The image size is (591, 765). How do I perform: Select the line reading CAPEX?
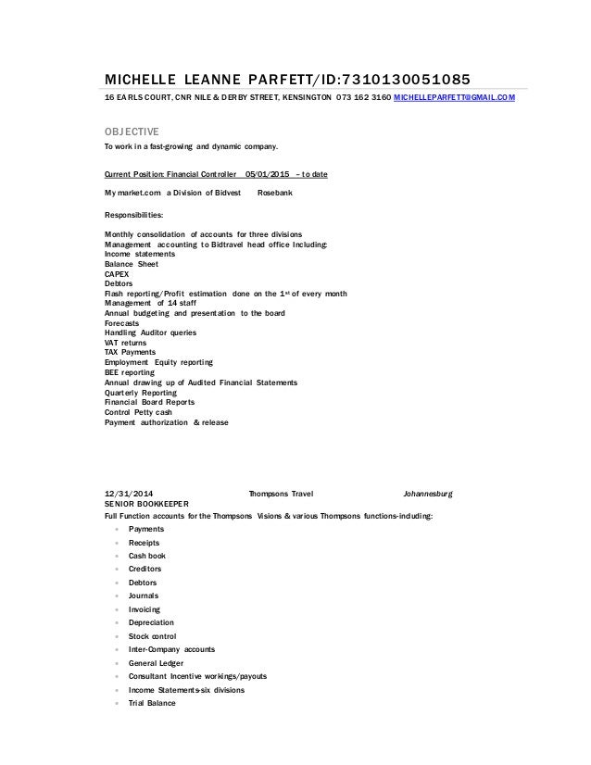click(118, 273)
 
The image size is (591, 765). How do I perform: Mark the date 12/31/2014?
click(131, 493)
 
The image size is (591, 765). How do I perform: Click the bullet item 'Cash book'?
click(146, 556)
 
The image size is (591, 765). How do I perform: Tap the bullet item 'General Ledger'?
click(156, 664)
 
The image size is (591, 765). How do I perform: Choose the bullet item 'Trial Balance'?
click(152, 704)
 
